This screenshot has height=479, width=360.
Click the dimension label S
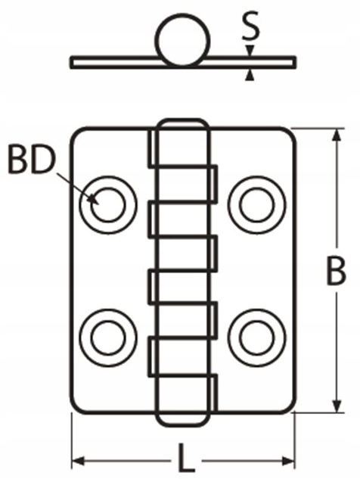tap(250, 26)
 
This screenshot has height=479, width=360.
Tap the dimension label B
tap(337, 271)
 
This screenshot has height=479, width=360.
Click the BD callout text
tap(33, 160)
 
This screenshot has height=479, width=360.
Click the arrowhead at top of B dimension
tap(337, 135)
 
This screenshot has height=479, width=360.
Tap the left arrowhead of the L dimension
tap(78, 462)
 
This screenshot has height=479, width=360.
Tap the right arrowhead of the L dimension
tap(289, 462)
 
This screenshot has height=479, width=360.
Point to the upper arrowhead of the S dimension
tap(250, 51)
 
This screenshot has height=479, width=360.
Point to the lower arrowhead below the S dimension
tap(250, 75)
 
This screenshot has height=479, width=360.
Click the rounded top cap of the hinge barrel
tap(183, 120)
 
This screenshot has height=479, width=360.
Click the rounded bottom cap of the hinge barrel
tap(183, 425)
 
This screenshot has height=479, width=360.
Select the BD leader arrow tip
tap(97, 204)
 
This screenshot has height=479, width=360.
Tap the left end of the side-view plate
tap(71, 62)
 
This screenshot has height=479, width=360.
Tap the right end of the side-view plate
tap(295, 62)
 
